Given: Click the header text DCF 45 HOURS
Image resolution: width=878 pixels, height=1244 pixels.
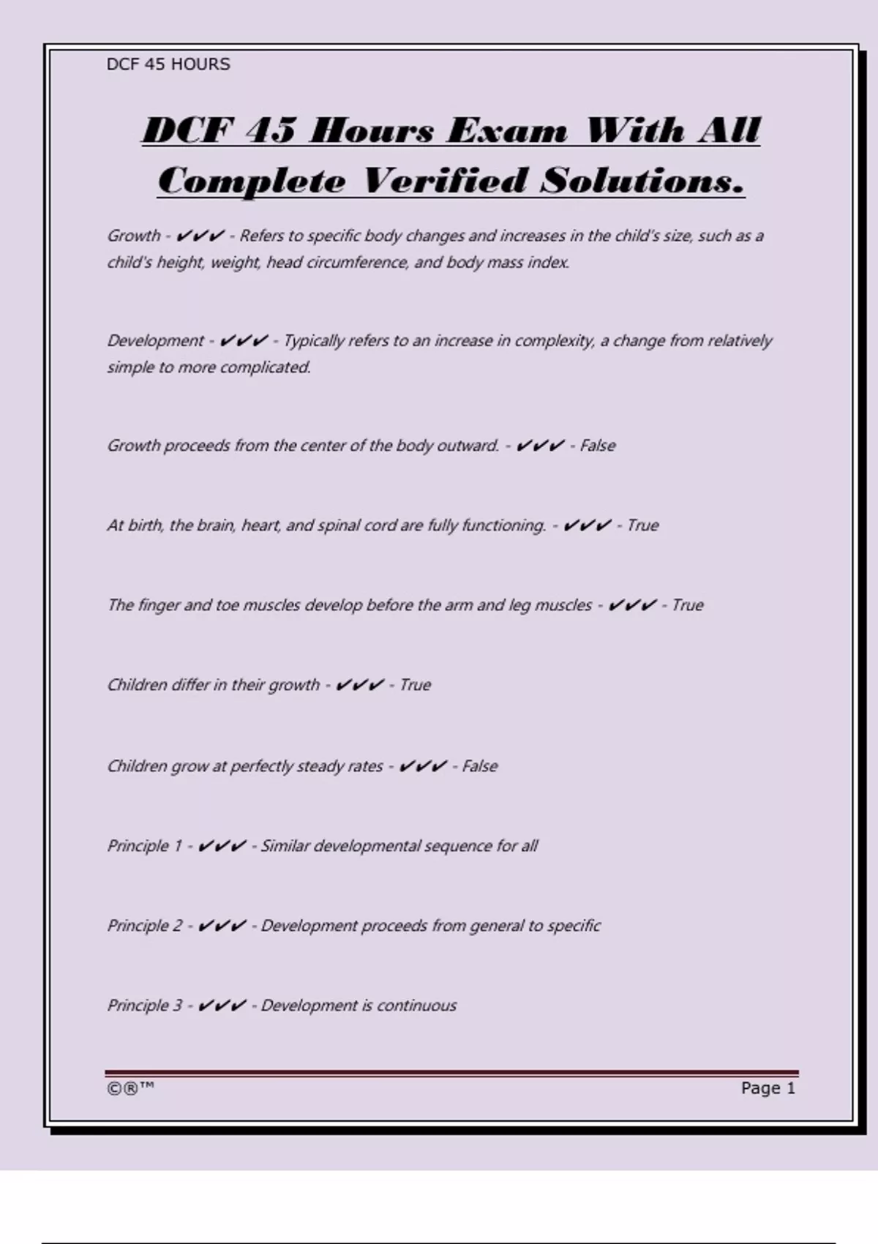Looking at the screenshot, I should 168,64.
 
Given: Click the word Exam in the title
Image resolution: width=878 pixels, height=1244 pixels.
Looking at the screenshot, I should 506,131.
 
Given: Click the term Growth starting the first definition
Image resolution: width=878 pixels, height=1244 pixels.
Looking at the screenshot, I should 134,236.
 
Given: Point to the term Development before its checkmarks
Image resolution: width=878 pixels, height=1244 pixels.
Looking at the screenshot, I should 156,341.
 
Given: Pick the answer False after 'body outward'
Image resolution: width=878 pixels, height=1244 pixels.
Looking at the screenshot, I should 598,446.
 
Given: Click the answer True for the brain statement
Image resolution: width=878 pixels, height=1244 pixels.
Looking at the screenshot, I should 642,525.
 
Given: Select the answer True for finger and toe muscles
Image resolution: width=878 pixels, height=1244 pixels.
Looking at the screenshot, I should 687,605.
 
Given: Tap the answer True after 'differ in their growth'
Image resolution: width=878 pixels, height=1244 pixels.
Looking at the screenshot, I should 415,685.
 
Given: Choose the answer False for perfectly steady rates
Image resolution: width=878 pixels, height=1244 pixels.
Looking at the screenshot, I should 479,766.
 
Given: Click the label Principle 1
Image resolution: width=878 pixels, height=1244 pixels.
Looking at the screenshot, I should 144,846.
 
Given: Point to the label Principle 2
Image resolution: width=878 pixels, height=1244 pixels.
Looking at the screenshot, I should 144,926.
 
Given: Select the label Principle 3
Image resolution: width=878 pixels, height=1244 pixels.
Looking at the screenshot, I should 144,1005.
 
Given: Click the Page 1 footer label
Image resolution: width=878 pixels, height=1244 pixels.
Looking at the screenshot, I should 768,1088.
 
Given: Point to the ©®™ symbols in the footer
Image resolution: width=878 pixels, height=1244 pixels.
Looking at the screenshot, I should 131,1088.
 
